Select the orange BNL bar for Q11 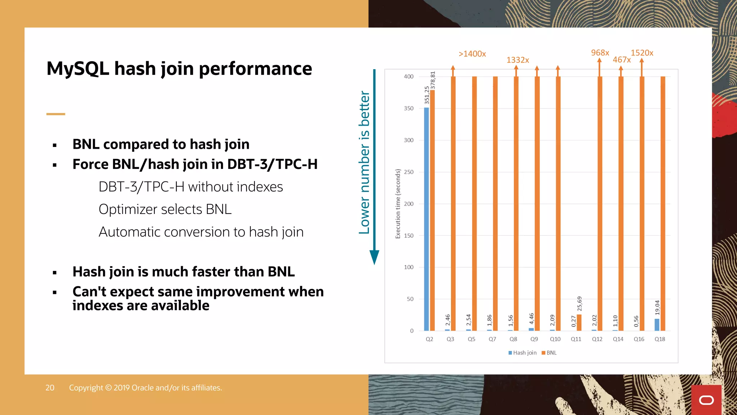(x=579, y=323)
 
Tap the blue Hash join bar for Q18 (x=657, y=325)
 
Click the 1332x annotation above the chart (x=517, y=60)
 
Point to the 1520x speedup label (x=642, y=53)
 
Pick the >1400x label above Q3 (x=472, y=54)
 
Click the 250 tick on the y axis (x=408, y=172)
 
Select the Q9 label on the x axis (x=534, y=339)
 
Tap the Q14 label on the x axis (x=618, y=339)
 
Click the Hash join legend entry (x=523, y=353)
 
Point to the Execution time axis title (x=398, y=204)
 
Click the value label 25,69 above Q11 (x=579, y=304)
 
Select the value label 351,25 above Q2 (x=427, y=95)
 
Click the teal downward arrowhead (x=374, y=257)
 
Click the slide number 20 (x=50, y=388)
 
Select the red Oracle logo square (x=706, y=400)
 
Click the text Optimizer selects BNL (x=165, y=209)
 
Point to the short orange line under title (x=56, y=114)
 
